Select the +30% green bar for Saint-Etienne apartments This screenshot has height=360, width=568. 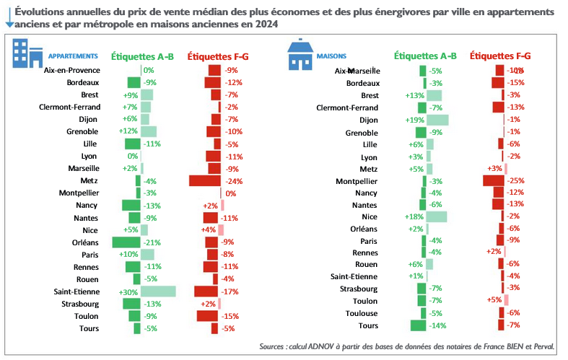158,291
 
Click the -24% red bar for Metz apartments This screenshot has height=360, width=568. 204,181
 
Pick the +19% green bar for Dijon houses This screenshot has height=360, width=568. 437,120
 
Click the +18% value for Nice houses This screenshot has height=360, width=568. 414,216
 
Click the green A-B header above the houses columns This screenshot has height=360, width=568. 426,56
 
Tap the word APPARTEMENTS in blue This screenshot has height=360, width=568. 72,56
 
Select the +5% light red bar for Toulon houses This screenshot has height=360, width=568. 507,300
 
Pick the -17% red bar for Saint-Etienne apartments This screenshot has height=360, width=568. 206,291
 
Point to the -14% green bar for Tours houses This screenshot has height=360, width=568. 419,325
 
